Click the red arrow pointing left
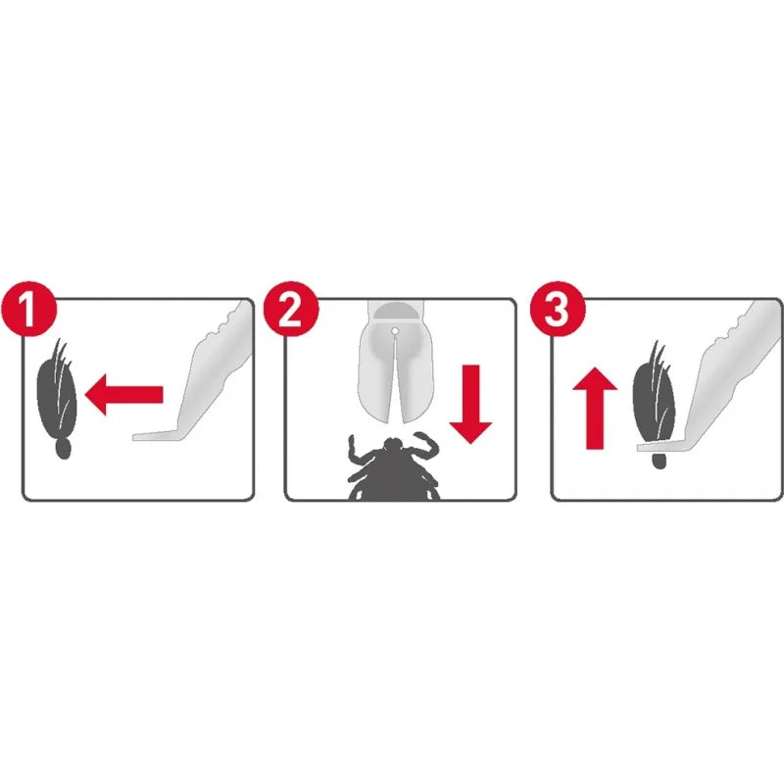point(123,395)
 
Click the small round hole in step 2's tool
point(393,332)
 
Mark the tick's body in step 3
point(654,403)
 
